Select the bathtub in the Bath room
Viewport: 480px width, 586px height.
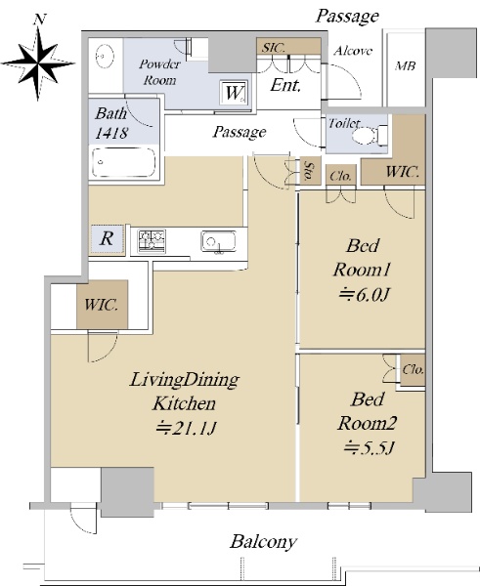click(124, 162)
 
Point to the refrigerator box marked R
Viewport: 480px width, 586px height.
click(107, 238)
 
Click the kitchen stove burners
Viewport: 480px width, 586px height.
click(152, 240)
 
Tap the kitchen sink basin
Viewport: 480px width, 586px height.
click(218, 242)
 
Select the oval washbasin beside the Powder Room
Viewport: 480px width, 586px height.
click(106, 57)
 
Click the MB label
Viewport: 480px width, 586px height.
click(406, 65)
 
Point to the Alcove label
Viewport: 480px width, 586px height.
click(353, 51)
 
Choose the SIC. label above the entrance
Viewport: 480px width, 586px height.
click(273, 48)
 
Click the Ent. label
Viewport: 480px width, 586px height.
click(285, 85)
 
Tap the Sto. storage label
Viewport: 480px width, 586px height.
click(310, 171)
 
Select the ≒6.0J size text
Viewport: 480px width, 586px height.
click(364, 295)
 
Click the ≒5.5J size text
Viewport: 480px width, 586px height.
click(370, 447)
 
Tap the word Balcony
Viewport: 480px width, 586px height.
click(264, 542)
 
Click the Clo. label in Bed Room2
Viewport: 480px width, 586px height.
click(413, 370)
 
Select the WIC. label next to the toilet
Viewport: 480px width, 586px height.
click(402, 172)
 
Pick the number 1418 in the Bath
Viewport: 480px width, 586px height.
click(111, 133)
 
